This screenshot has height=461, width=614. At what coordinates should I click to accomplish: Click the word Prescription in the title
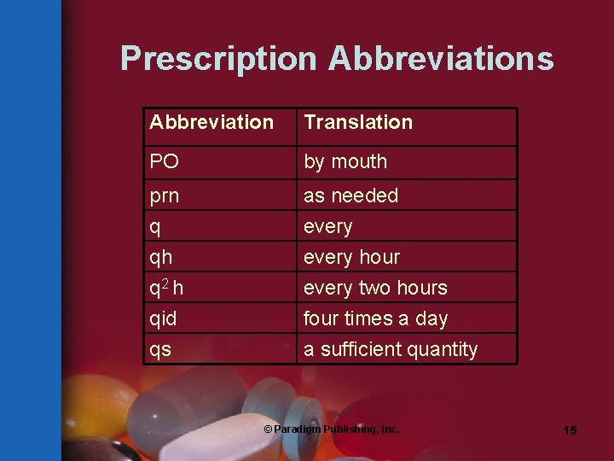coord(219,59)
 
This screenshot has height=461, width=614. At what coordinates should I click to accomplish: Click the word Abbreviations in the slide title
coord(441,59)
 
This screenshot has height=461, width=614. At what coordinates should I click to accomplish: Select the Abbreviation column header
coord(211,122)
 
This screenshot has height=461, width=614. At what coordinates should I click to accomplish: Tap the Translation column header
coord(358,122)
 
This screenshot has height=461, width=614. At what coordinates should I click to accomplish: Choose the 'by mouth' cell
coord(345,161)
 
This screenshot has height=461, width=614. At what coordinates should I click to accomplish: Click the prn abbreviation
coord(165,195)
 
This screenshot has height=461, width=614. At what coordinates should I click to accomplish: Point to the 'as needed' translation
coord(351,195)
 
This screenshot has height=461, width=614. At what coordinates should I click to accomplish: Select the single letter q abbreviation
coord(154,226)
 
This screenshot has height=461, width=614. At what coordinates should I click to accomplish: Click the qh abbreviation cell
coord(160,257)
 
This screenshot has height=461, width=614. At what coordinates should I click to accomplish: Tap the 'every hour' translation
coord(351,257)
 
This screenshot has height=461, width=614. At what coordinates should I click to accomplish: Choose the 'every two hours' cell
coord(375,288)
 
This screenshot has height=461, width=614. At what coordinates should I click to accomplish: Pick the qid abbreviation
coord(163,318)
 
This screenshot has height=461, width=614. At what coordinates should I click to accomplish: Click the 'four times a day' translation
coord(376,318)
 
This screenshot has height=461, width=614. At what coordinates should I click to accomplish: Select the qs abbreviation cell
coord(159,349)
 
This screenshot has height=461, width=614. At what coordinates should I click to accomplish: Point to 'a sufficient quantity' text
coord(391,349)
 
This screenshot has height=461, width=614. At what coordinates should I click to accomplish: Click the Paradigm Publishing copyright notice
coord(331,429)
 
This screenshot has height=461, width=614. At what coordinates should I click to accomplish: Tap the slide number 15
coord(570,430)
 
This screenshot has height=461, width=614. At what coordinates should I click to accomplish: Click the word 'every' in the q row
coord(328,226)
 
